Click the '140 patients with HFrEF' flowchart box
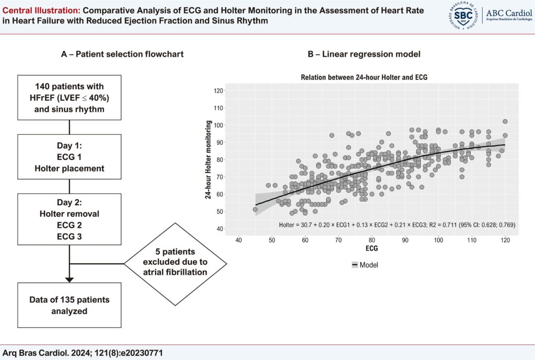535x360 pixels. [x=69, y=98]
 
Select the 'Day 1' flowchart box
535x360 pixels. [x=69, y=157]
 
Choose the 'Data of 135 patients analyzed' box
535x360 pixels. [x=69, y=305]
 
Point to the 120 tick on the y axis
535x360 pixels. [x=219, y=91]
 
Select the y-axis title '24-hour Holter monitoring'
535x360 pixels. [x=208, y=159]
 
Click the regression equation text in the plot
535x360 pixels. [x=397, y=225]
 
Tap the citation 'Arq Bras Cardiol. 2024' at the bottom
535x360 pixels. [x=84, y=353]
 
